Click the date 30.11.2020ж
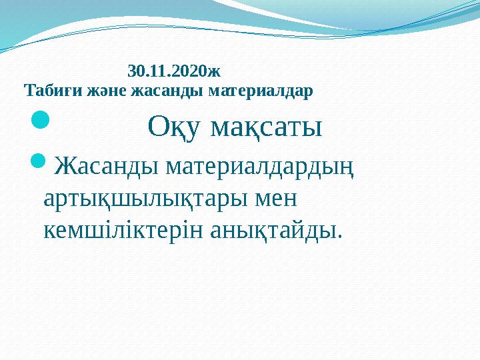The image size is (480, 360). click(174, 69)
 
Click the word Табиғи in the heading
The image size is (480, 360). click(45, 89)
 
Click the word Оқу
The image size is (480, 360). click(173, 126)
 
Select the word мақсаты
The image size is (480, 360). click(267, 126)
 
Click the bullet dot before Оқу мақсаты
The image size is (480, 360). click(41, 121)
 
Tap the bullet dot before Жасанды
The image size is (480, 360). click(41, 161)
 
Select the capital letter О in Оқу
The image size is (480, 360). click(158, 126)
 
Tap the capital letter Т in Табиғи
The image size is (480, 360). click(28, 89)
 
